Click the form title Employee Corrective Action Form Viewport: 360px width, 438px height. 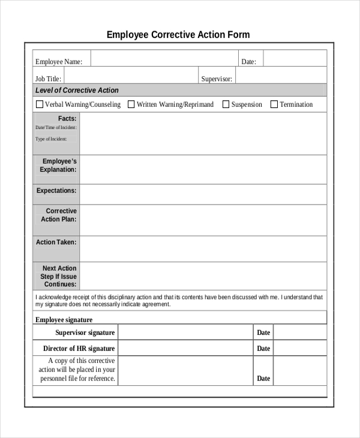[178, 35]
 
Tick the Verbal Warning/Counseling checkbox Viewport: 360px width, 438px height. [40, 104]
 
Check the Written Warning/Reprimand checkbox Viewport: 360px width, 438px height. [131, 104]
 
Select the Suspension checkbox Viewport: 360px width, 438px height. [226, 104]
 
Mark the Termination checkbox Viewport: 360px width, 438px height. [274, 104]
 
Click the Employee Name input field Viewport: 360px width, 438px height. [163, 61]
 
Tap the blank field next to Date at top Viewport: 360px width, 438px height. [295, 61]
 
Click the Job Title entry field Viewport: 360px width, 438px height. [131, 79]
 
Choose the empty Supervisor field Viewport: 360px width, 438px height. [281, 79]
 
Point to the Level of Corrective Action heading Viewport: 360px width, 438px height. [77, 91]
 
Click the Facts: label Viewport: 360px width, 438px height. [67, 119]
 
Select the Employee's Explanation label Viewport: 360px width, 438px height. [58, 166]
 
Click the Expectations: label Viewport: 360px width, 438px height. [56, 191]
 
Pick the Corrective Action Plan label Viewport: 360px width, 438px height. [59, 215]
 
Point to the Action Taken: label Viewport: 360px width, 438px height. [56, 242]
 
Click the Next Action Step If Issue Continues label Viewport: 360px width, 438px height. [59, 277]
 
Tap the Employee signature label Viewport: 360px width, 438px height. [64, 320]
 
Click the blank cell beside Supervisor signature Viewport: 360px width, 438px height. [185, 332]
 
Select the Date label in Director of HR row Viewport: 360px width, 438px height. [263, 349]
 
